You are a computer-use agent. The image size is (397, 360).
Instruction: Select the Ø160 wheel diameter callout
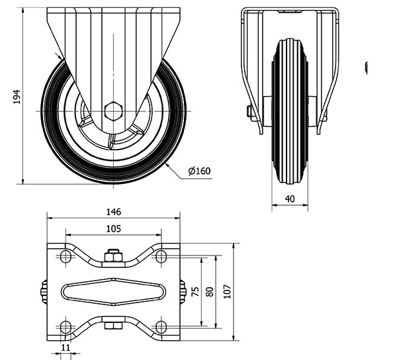198,171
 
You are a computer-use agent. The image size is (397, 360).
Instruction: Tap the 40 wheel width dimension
290,199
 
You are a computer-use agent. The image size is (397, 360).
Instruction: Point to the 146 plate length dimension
113,212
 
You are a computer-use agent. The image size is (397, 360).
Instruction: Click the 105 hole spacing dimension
113,228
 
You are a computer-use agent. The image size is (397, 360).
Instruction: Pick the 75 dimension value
196,292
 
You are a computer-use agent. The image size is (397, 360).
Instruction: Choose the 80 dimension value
209,292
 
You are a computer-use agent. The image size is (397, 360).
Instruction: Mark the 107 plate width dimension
228,292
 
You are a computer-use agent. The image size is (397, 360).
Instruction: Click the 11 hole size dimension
66,346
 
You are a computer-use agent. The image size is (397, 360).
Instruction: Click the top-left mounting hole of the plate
66,257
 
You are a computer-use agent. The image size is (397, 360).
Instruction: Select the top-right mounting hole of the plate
161,257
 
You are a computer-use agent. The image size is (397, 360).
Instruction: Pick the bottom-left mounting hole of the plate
66,326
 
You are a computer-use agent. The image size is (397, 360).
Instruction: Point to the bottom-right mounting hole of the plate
161,326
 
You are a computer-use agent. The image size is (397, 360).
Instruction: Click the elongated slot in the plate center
113,291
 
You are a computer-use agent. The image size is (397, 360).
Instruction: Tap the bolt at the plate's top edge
113,254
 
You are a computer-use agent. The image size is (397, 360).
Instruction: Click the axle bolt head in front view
252,114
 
